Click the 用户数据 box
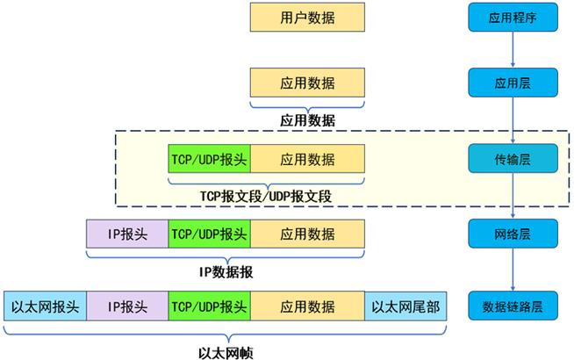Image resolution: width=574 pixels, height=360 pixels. [307, 17]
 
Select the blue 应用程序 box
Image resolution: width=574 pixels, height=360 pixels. [513, 17]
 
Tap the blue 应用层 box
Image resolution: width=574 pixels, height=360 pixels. [513, 83]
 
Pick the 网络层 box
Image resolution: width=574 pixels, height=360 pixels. [513, 234]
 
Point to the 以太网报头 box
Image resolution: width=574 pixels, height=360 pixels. [46, 306]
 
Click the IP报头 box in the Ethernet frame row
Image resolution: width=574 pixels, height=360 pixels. [127, 306]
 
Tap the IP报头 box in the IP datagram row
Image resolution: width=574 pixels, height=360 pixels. [127, 234]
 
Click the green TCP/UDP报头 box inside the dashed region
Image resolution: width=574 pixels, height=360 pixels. [209, 159]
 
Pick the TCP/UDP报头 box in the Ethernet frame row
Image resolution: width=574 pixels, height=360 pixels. [209, 306]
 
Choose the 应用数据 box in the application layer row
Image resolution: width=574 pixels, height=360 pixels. [307, 83]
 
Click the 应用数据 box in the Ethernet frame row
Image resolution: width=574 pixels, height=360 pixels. [307, 306]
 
